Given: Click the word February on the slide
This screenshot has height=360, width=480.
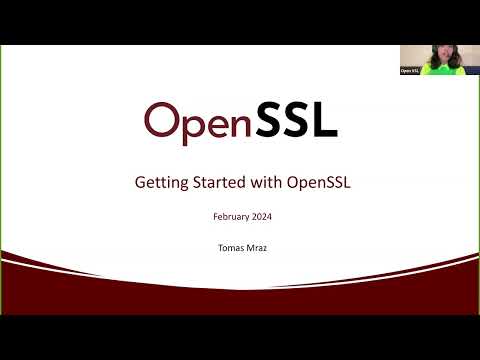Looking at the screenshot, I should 231,216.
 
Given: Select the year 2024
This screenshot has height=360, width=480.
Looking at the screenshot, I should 260,216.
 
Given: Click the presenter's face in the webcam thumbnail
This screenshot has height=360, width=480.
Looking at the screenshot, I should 439,56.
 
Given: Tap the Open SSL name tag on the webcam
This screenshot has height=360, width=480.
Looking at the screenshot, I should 409,71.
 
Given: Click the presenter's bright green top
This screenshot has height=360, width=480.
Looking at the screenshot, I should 440,69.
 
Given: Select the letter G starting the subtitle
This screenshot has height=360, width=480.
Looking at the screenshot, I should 139,183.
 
